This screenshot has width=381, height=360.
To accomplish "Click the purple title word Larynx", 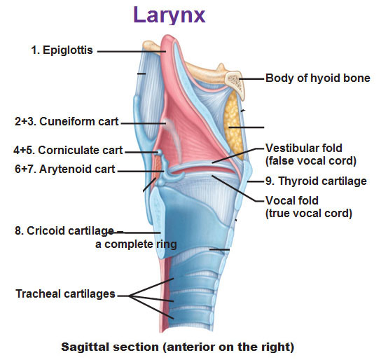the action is click(x=169, y=15).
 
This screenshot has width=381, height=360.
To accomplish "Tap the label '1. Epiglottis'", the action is click(x=62, y=50).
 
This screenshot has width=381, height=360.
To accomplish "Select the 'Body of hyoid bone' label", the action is click(x=318, y=78).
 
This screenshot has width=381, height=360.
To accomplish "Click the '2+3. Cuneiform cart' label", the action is click(x=67, y=121).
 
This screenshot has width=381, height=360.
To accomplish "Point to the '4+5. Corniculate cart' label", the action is click(x=68, y=150).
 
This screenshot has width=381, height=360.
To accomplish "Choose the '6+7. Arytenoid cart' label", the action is click(x=65, y=169).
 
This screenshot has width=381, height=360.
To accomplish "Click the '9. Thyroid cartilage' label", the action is click(x=316, y=181).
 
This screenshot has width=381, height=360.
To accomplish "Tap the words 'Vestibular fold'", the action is click(x=304, y=148).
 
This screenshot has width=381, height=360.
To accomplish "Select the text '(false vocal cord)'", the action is click(x=311, y=161).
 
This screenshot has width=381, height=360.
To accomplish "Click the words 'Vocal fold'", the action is click(x=292, y=200).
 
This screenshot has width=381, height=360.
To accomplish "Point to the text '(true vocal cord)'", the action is click(x=309, y=214).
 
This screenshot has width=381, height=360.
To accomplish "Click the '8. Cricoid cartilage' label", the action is click(x=64, y=230).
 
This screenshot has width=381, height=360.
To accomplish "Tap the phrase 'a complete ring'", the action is click(x=136, y=244).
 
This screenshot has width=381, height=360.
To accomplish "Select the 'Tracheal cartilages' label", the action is click(x=65, y=293).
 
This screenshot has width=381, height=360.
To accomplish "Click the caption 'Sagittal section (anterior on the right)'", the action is click(x=178, y=347).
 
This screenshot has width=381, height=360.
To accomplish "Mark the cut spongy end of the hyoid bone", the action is click(x=234, y=83).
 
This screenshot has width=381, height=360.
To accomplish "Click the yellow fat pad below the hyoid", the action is click(x=233, y=125).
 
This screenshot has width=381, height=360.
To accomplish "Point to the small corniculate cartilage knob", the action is click(x=159, y=152).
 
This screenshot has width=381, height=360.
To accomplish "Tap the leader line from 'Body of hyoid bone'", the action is click(x=251, y=78).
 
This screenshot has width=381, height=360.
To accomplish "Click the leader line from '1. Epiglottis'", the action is click(x=132, y=52).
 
